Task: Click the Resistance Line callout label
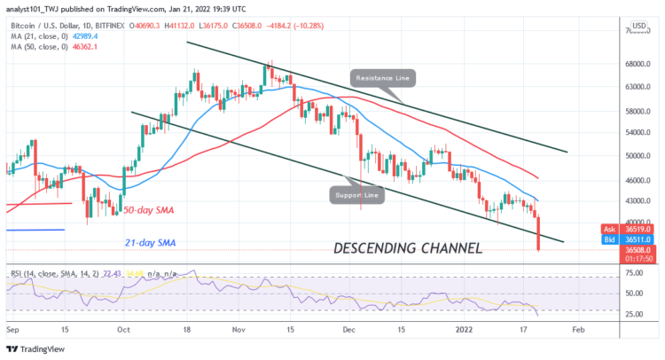(382, 78)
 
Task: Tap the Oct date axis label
(123, 328)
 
